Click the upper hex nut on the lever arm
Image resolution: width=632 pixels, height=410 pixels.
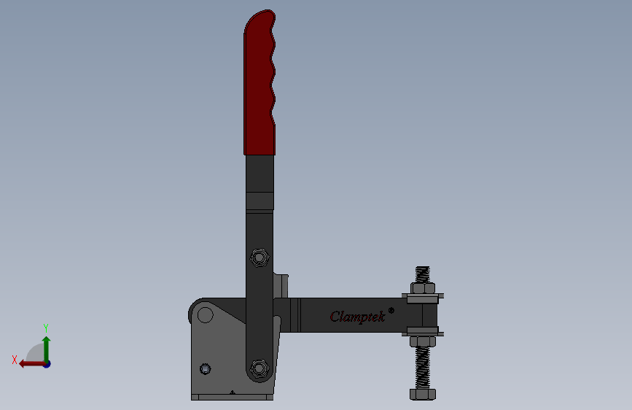coord(258,257)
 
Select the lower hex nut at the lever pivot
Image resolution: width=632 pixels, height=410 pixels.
coord(258,368)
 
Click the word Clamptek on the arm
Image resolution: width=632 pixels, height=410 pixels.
coord(357,317)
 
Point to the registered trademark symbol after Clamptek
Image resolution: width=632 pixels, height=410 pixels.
coord(391,310)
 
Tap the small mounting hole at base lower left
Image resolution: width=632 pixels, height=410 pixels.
coord(205,369)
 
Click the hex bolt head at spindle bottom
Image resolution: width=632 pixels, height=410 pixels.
coord(423,395)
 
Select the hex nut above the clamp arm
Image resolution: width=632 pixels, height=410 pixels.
coord(423,287)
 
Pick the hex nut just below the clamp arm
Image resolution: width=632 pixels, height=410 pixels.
coord(423,341)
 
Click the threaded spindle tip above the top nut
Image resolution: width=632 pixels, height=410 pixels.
coord(423,273)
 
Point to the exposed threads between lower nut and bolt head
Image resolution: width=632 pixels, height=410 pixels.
coord(423,369)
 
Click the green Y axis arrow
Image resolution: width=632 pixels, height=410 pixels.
coord(46,346)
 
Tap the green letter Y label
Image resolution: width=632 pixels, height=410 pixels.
coord(45,328)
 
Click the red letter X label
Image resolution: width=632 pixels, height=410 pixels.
coord(14,360)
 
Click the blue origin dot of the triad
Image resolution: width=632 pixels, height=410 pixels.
coord(47,363)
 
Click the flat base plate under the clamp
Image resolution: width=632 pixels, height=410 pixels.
coord(232,398)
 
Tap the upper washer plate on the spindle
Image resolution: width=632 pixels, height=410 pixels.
coord(423,298)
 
